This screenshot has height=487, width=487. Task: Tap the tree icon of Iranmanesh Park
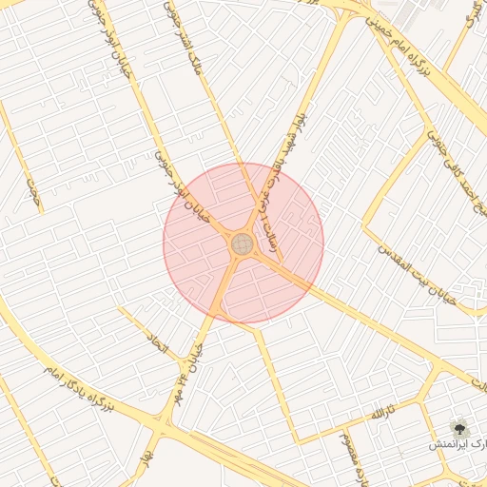[x=460, y=427]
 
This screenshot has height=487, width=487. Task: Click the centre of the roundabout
[x=243, y=244]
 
